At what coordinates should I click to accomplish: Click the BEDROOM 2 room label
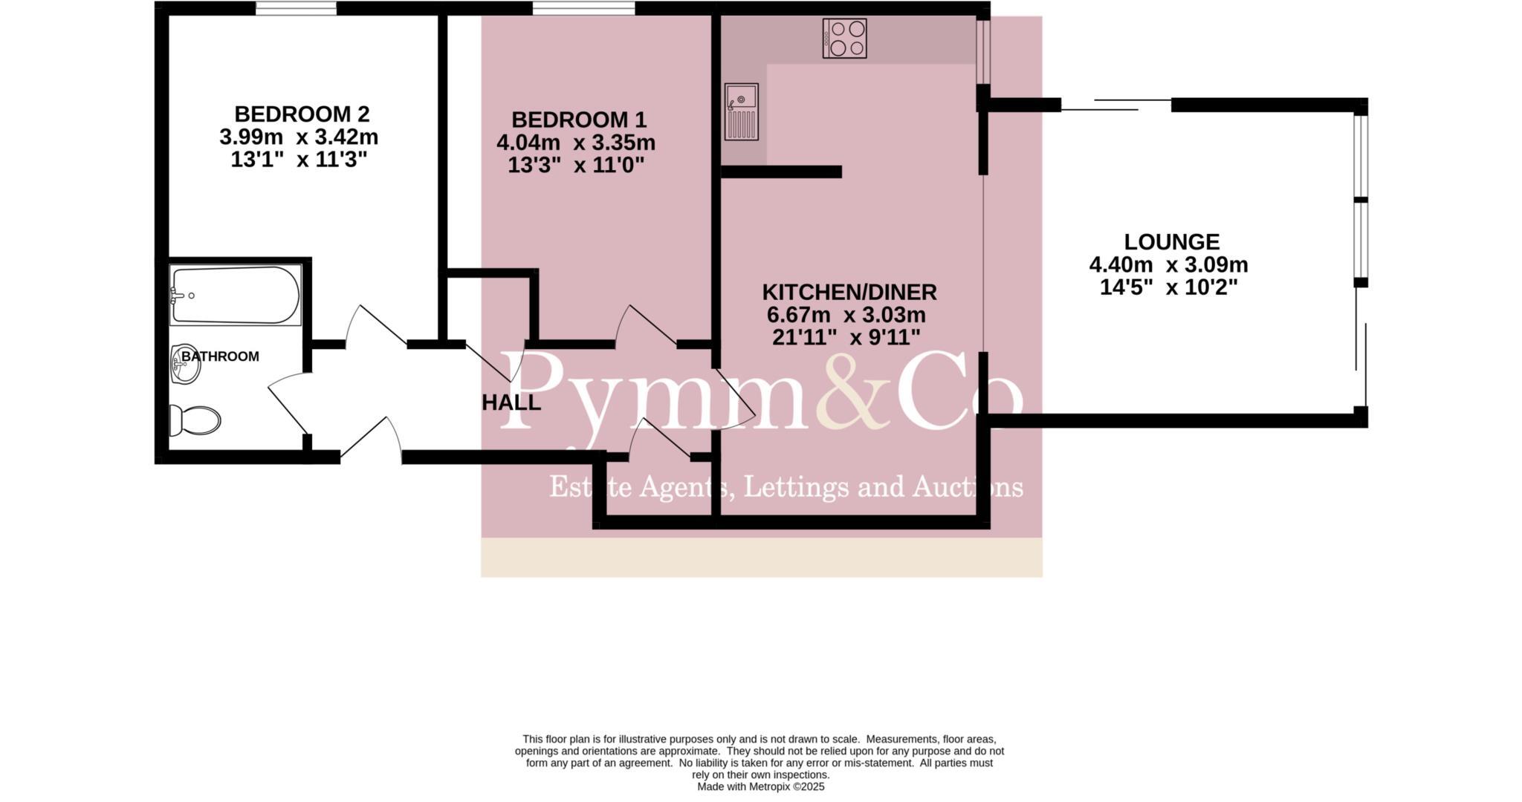click(x=302, y=114)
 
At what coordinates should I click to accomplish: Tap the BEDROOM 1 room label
click(x=579, y=120)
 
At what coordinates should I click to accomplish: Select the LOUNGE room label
click(x=1171, y=242)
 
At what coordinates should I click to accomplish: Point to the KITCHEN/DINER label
click(x=849, y=292)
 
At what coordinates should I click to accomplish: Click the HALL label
click(x=511, y=403)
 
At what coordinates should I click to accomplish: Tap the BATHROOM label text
click(x=221, y=356)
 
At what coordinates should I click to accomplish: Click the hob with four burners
click(x=844, y=38)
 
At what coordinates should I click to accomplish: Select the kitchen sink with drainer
click(x=741, y=111)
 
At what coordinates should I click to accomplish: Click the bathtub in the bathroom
click(x=235, y=295)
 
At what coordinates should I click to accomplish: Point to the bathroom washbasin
click(x=185, y=364)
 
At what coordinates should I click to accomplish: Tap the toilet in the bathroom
click(x=195, y=420)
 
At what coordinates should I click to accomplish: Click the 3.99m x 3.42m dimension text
click(x=299, y=137)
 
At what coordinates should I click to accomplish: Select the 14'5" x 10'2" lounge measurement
click(x=1169, y=287)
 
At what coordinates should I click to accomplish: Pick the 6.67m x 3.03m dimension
click(x=846, y=315)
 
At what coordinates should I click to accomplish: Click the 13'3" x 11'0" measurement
click(x=575, y=165)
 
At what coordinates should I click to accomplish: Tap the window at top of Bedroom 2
click(x=296, y=9)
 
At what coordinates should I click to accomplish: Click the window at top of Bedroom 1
click(x=583, y=9)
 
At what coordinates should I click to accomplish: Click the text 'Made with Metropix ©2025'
click(x=760, y=786)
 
